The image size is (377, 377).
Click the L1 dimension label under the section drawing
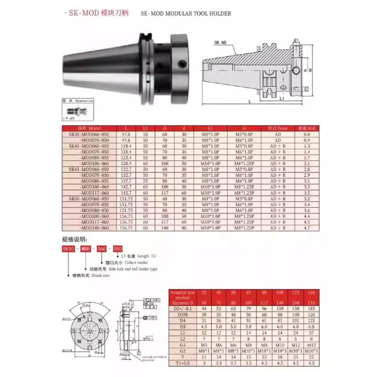(281, 99)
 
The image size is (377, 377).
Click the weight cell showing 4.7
(307, 228)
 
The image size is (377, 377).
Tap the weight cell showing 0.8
(307, 134)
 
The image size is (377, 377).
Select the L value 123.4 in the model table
(126, 157)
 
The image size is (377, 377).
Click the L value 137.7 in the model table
(126, 181)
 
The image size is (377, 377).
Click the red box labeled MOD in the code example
(85, 248)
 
